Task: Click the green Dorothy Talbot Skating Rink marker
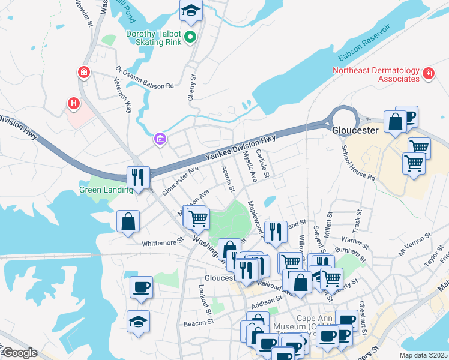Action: click(191, 38)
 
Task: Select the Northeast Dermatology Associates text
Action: click(376, 74)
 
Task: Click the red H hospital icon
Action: click(74, 104)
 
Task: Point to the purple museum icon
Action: click(160, 140)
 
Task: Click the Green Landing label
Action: click(106, 190)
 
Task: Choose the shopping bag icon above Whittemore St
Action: click(129, 221)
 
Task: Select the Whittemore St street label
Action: click(163, 243)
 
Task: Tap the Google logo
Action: click(19, 353)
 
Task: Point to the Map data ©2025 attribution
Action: click(424, 355)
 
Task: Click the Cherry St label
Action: click(193, 86)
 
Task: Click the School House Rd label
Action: click(358, 162)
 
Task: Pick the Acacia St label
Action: click(228, 179)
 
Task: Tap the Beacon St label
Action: click(195, 323)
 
